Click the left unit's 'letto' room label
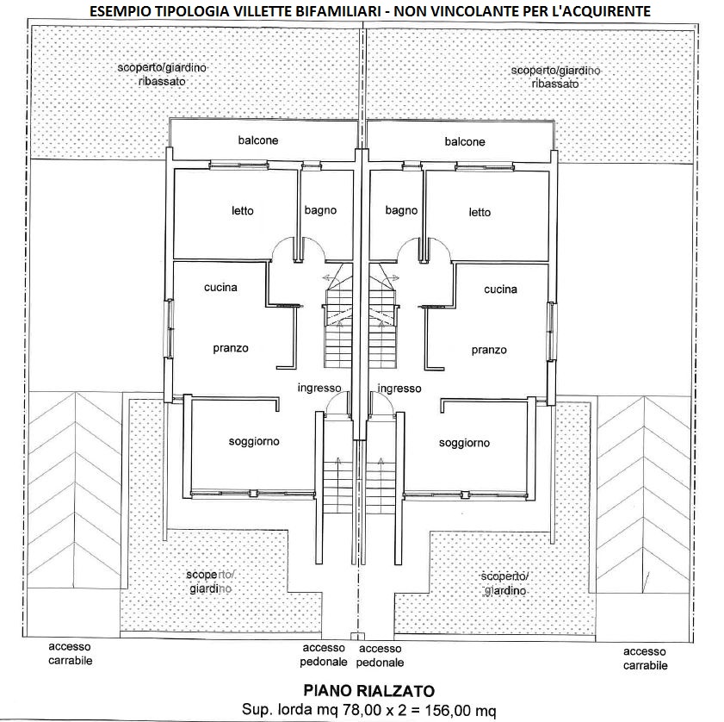(243, 211)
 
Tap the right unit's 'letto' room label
(480, 212)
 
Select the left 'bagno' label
(319, 210)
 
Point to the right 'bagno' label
(401, 210)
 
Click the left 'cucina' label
(220, 288)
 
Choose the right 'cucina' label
(500, 289)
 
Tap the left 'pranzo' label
(231, 349)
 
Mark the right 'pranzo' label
(489, 351)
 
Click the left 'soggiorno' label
(254, 442)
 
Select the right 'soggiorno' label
(464, 443)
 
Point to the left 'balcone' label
(258, 140)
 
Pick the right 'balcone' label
(465, 141)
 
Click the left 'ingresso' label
(319, 389)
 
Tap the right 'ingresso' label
(399, 389)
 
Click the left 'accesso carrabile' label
(70, 654)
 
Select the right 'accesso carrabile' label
(645, 659)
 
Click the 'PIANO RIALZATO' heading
(368, 691)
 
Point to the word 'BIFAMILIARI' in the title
(325, 11)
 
